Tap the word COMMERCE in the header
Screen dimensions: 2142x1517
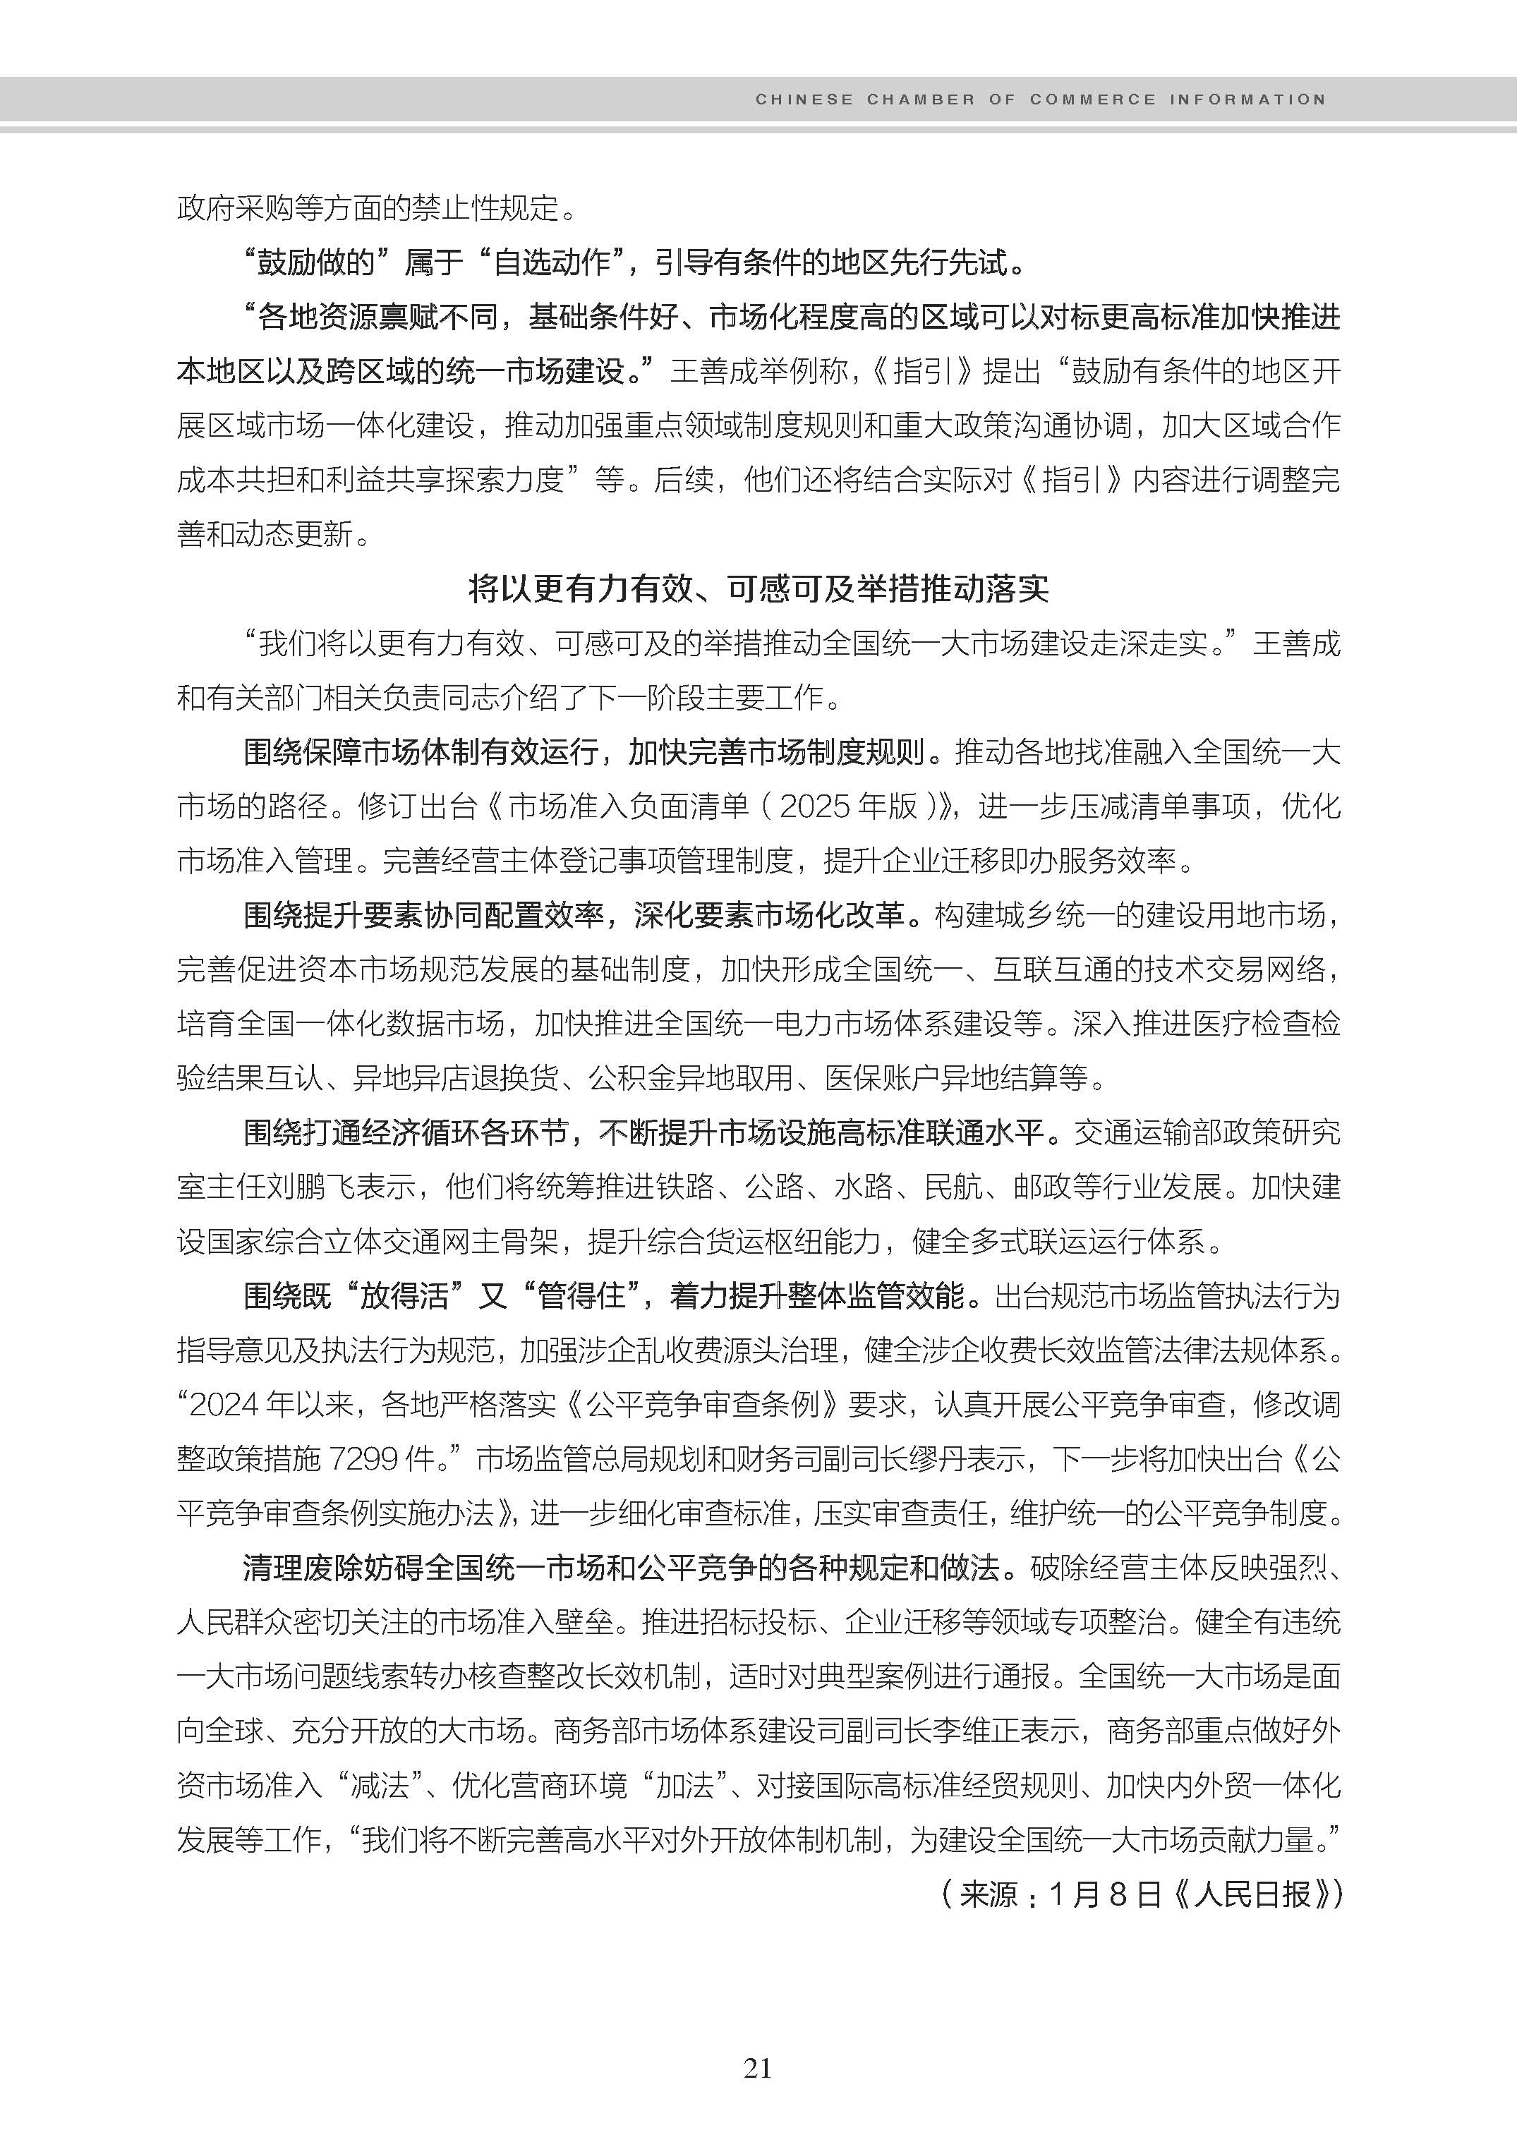pos(1093,99)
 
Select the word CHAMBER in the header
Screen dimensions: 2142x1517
pos(920,99)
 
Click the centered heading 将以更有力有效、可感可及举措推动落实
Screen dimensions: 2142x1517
pos(758,588)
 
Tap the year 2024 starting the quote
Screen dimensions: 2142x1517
pos(224,1405)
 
